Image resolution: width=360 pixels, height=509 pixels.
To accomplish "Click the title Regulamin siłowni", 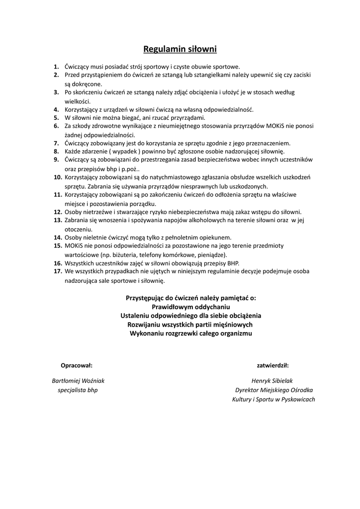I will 180,49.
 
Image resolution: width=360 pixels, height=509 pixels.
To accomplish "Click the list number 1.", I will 57,66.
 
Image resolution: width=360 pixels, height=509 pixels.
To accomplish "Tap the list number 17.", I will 58,271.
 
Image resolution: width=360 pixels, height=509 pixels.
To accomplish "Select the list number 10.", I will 58,177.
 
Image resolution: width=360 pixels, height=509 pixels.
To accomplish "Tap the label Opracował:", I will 77,365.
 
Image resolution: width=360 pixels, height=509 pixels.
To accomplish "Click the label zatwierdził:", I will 273,365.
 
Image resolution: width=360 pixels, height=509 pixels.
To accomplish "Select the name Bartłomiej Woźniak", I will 78,381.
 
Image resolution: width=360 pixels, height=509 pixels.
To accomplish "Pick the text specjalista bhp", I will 78,390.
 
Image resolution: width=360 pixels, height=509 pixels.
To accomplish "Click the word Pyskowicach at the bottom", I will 295,399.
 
